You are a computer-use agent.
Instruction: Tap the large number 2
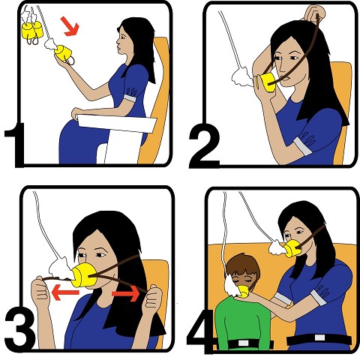pyautogui.click(x=205, y=145)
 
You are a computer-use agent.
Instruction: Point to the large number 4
pyautogui.click(x=200, y=331)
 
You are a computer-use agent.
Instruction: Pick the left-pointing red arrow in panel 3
pyautogui.click(x=65, y=292)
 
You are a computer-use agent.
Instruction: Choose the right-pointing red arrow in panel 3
pyautogui.click(x=126, y=293)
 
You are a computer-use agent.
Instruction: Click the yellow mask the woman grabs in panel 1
pyautogui.click(x=63, y=53)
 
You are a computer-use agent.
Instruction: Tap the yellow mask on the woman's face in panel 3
pyautogui.click(x=84, y=275)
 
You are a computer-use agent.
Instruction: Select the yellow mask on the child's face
pyautogui.click(x=243, y=291)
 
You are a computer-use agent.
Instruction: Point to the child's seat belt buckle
pyautogui.click(x=243, y=343)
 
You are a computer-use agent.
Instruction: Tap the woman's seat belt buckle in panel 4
pyautogui.click(x=319, y=337)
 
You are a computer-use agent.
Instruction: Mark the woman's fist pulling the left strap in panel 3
pyautogui.click(x=40, y=290)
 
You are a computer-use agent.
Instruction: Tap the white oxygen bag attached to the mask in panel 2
pyautogui.click(x=242, y=76)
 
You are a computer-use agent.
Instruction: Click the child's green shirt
pyautogui.click(x=242, y=322)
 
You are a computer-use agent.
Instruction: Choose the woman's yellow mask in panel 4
pyautogui.click(x=292, y=249)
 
